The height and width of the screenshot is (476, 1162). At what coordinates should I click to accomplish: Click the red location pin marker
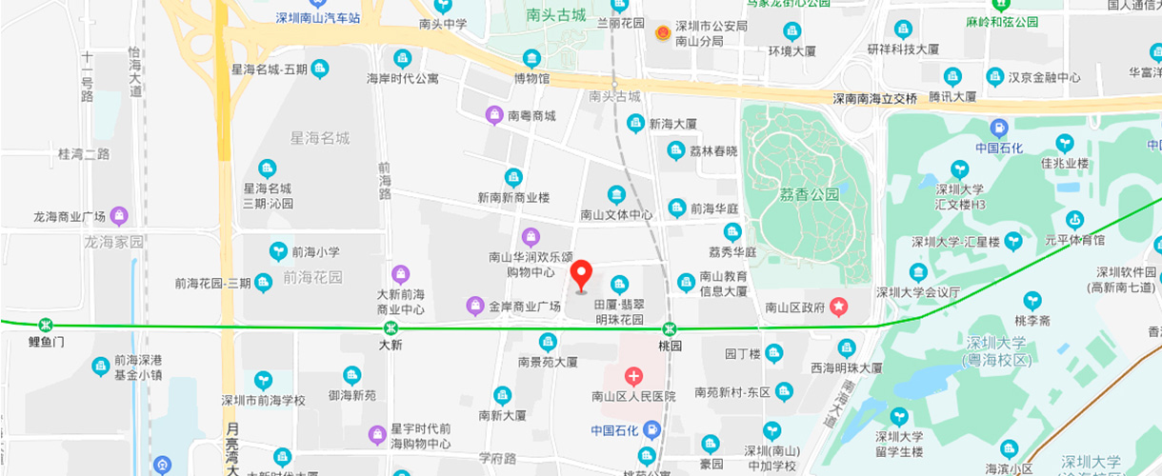(x=582, y=276)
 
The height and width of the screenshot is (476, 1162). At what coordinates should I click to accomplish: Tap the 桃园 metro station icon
(x=671, y=327)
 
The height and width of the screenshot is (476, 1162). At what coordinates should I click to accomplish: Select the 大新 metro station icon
(x=391, y=327)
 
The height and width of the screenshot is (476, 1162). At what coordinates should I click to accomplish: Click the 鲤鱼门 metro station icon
(x=45, y=325)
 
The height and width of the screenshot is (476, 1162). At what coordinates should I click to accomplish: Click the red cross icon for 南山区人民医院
(x=633, y=377)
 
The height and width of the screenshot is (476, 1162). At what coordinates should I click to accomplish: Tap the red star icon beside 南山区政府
(x=838, y=307)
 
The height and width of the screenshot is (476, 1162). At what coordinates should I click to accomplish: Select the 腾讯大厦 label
(x=952, y=96)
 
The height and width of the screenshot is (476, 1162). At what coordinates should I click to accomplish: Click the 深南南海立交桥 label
(x=875, y=98)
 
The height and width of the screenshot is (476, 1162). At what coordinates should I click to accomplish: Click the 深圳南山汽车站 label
(x=318, y=18)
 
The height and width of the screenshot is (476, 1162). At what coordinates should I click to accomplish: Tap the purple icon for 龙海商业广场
(x=119, y=216)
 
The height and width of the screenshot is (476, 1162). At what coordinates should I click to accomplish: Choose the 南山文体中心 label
(x=617, y=215)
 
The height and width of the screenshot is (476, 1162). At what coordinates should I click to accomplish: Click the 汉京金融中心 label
(x=1044, y=78)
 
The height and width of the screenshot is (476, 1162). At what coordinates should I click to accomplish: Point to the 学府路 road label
(x=497, y=458)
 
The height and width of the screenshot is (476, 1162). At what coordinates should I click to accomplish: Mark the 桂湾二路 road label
(x=84, y=154)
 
